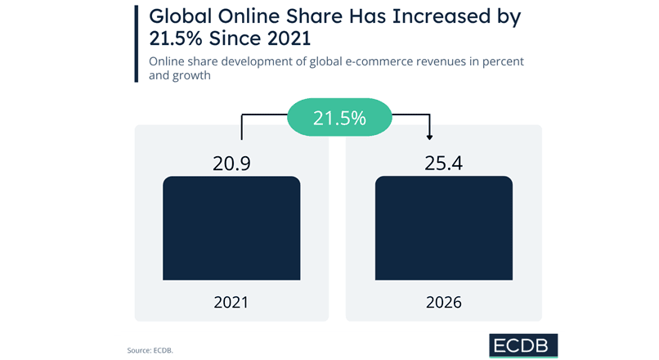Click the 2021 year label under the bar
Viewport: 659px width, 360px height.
231,302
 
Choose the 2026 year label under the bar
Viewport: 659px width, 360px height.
443,302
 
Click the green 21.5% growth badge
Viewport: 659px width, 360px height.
338,119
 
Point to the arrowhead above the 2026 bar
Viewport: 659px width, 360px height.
431,137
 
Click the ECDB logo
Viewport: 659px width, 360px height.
524,345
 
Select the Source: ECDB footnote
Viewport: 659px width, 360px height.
150,350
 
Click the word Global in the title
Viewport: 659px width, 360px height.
178,16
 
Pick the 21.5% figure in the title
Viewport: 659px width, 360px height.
177,40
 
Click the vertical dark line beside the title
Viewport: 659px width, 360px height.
136,42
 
